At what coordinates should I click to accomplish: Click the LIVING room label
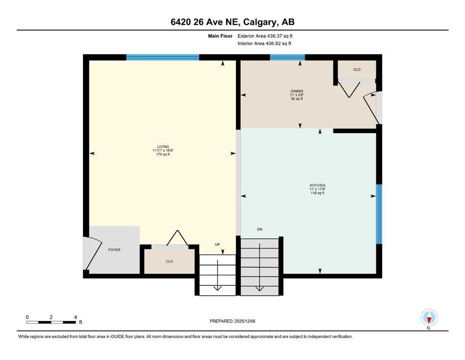click(x=163, y=146)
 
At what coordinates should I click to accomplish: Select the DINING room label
click(x=297, y=91)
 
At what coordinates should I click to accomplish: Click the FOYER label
click(x=114, y=250)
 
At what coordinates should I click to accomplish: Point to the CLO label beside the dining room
click(x=357, y=69)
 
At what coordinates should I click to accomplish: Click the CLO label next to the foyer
click(x=170, y=262)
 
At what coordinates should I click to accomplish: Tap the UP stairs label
click(x=217, y=244)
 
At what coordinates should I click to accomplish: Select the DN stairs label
click(x=259, y=229)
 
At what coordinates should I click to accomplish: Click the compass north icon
click(x=429, y=317)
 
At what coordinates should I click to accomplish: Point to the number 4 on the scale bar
click(x=75, y=317)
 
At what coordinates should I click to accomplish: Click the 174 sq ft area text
click(x=163, y=154)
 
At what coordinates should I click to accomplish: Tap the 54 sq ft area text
click(x=297, y=99)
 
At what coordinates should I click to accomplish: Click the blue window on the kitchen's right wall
click(x=379, y=214)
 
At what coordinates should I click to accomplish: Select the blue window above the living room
click(x=162, y=58)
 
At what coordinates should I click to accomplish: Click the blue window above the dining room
click(x=287, y=58)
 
